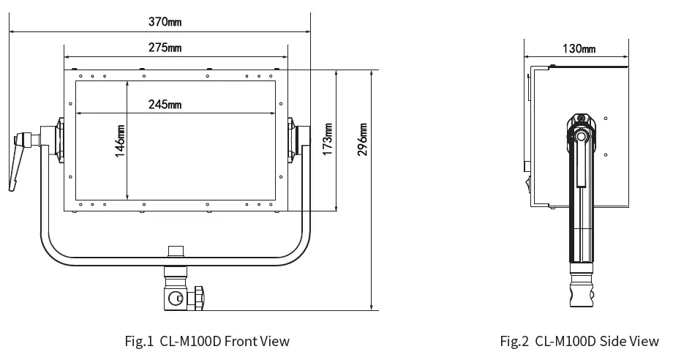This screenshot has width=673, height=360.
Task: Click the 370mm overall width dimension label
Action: coord(165,22)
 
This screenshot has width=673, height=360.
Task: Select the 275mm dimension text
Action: coord(165,48)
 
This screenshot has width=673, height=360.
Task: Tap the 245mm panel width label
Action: coord(165,105)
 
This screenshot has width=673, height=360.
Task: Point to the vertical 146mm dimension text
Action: coord(121,140)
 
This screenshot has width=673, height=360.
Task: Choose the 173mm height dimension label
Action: coord(328,139)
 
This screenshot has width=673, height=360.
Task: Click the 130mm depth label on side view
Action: coord(579,48)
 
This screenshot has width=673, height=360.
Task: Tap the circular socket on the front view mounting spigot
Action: coord(175,298)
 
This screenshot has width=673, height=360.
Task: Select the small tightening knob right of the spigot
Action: coord(198,298)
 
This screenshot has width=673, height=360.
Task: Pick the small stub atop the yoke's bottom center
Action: coord(176,251)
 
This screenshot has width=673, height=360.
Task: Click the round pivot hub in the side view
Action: coord(581,136)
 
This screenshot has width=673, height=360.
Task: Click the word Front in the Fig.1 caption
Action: coord(241,341)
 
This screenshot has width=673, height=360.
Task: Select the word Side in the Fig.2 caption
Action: coord(614,341)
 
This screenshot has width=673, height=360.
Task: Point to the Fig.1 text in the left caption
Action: coord(139,341)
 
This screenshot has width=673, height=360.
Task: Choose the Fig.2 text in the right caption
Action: coord(514,341)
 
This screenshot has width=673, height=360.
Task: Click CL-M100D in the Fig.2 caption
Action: coord(567,341)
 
